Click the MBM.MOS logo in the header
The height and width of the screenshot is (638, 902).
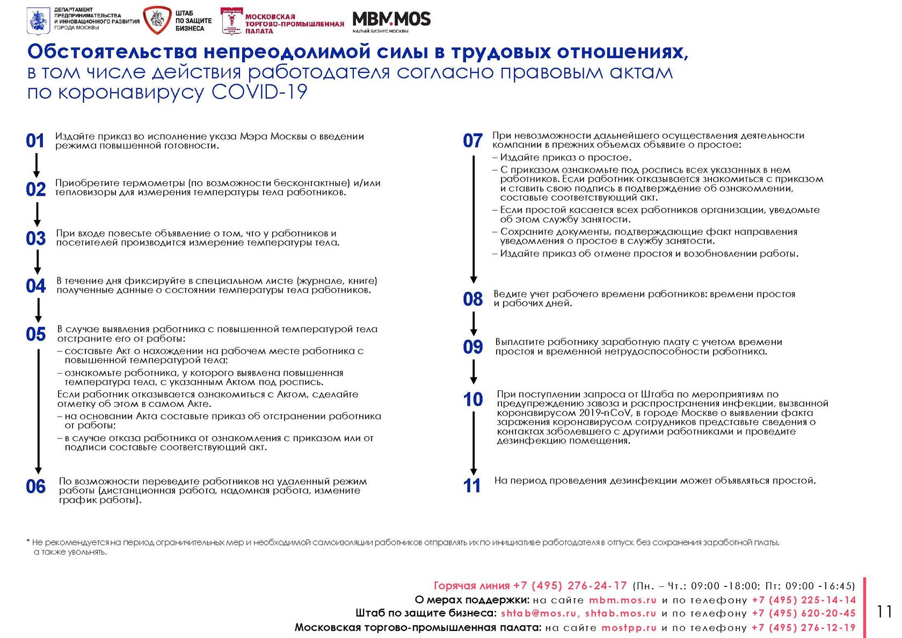(391, 20)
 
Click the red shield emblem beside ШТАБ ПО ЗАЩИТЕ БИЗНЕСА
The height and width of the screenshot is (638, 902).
(157, 20)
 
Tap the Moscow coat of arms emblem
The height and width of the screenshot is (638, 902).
(38, 21)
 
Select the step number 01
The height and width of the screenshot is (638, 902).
(35, 141)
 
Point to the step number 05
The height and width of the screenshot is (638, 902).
(36, 334)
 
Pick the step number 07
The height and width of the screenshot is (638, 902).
(472, 141)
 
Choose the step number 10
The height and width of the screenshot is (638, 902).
(473, 399)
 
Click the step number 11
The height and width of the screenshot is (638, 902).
(472, 486)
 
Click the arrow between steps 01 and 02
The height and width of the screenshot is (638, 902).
(37, 165)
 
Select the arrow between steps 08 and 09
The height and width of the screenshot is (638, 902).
(474, 323)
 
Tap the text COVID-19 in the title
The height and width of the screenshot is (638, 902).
(259, 92)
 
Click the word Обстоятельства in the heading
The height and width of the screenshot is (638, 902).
(112, 52)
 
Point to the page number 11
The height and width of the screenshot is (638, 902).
(884, 612)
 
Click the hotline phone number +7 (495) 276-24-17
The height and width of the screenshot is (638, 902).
(570, 586)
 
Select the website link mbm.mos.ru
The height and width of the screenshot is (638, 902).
(623, 600)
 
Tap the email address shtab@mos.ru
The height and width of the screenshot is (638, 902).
(538, 613)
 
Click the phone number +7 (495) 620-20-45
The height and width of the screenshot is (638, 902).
(803, 613)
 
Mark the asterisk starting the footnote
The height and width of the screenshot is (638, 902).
(28, 542)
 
